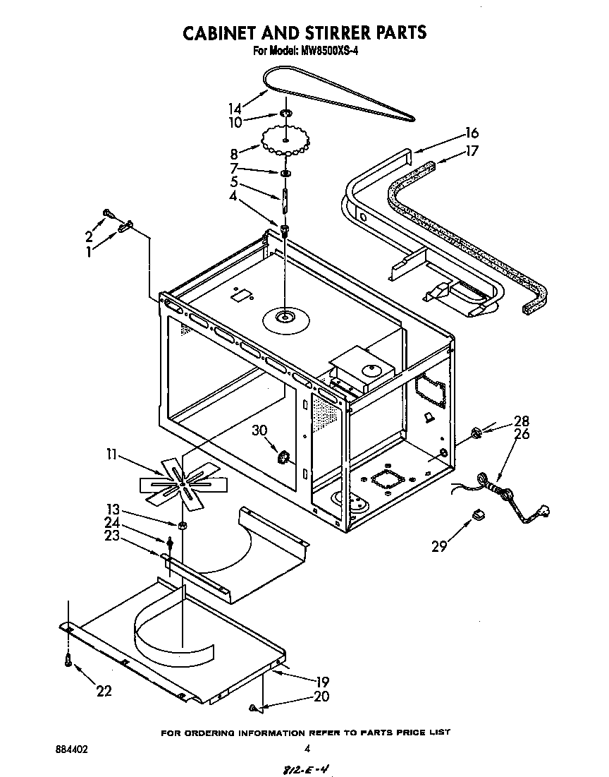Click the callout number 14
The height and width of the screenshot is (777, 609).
pos(235,109)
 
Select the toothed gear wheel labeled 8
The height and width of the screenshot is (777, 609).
pos(286,141)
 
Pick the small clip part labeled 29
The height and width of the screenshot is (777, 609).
pos(479,516)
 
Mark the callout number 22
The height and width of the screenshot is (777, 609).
pos(104,691)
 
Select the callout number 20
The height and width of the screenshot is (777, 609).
pos(322,696)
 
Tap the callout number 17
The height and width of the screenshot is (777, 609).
pos(472,151)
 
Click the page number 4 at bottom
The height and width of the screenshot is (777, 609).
pos(307,749)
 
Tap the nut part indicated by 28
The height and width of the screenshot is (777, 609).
pos(475,432)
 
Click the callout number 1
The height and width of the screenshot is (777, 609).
pos(89,251)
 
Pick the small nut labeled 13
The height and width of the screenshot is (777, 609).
pos(181,524)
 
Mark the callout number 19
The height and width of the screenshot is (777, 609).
pos(322,682)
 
